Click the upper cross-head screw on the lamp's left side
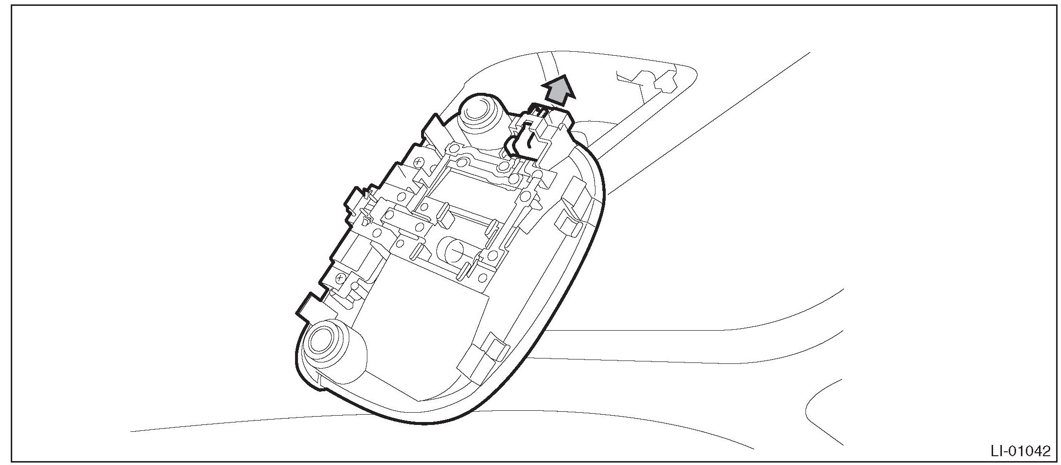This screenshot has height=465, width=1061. pyautogui.click(x=418, y=161)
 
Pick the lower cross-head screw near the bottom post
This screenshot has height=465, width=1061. pyautogui.click(x=340, y=278)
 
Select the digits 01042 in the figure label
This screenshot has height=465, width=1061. pyautogui.click(x=1032, y=450)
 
